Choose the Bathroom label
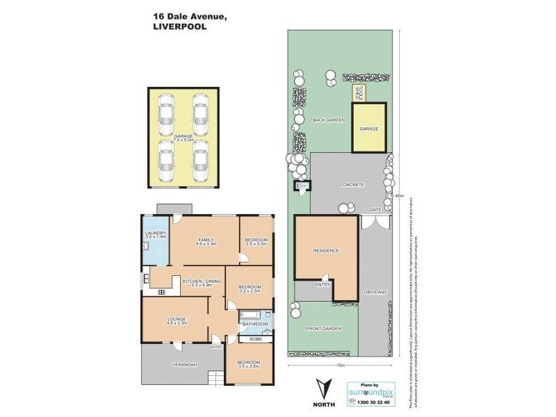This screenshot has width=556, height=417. point(255,325)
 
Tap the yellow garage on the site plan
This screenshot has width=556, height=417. point(368,129)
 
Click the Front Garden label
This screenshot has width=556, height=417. point(327,328)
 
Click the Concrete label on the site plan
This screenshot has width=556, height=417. point(352,185)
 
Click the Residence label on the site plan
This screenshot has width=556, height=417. point(325,250)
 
